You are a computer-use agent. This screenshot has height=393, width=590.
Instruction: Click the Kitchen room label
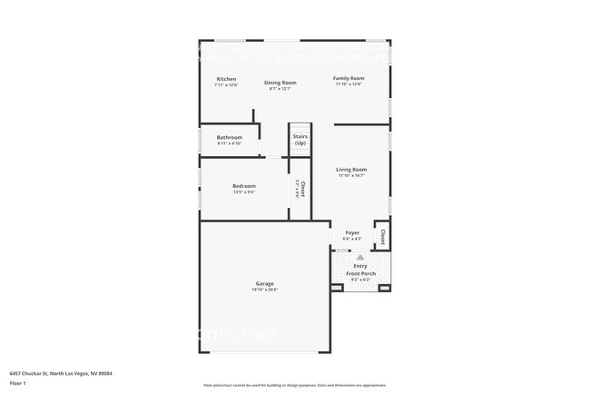click(x=226, y=79)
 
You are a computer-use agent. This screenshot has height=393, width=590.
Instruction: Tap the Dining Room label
click(x=280, y=83)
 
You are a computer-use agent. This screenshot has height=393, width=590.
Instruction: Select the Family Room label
click(x=349, y=78)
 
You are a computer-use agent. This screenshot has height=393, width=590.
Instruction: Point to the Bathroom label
click(x=229, y=137)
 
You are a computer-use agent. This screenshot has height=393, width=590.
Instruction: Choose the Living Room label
click(x=351, y=170)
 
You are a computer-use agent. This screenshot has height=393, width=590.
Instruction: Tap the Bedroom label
click(x=243, y=186)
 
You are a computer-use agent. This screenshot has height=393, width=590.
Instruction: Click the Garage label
click(x=264, y=283)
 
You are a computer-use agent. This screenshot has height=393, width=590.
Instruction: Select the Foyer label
click(x=351, y=232)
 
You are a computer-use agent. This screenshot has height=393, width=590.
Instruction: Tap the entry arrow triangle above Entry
click(x=360, y=258)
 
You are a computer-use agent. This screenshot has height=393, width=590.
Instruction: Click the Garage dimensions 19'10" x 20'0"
click(x=264, y=290)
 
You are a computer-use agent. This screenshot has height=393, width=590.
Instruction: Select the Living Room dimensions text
click(x=351, y=176)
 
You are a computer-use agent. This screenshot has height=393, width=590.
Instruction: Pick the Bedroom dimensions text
click(x=243, y=192)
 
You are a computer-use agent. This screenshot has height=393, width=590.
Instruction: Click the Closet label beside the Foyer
click(x=383, y=237)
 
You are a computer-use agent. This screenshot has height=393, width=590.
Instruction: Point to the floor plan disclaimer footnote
click(x=294, y=386)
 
